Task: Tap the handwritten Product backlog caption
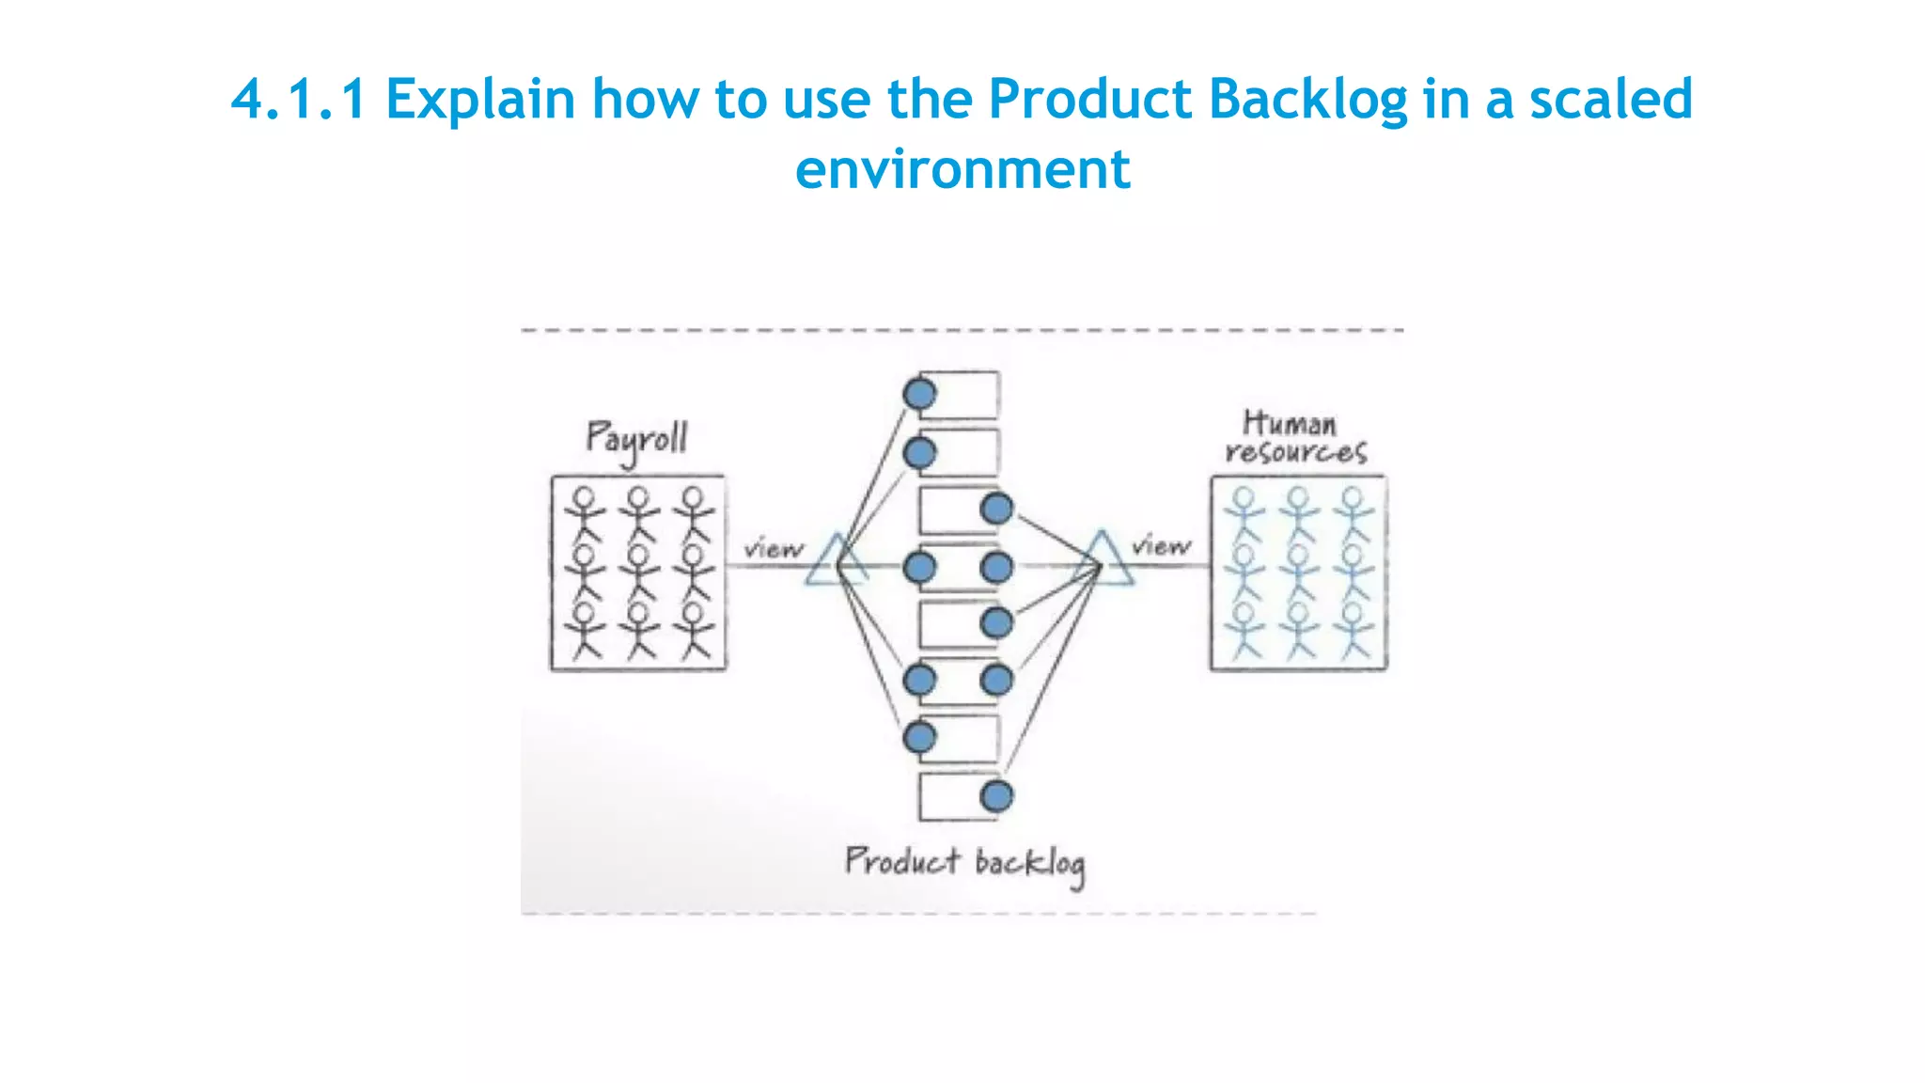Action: click(x=964, y=863)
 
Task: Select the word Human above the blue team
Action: click(x=1289, y=423)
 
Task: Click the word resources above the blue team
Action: click(x=1295, y=452)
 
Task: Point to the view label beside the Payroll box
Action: click(x=774, y=548)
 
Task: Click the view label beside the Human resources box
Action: click(x=1161, y=545)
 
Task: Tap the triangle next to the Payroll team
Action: click(x=836, y=562)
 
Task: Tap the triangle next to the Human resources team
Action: click(x=1103, y=560)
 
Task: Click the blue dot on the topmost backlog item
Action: click(x=919, y=394)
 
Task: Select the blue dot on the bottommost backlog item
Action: click(x=996, y=796)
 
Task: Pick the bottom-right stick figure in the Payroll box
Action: click(x=695, y=630)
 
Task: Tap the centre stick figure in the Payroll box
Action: click(x=640, y=570)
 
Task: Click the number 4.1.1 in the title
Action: click(x=298, y=99)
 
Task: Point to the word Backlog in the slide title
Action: click(x=1307, y=99)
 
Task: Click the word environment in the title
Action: click(x=962, y=169)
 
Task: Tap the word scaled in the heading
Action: click(x=1611, y=99)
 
